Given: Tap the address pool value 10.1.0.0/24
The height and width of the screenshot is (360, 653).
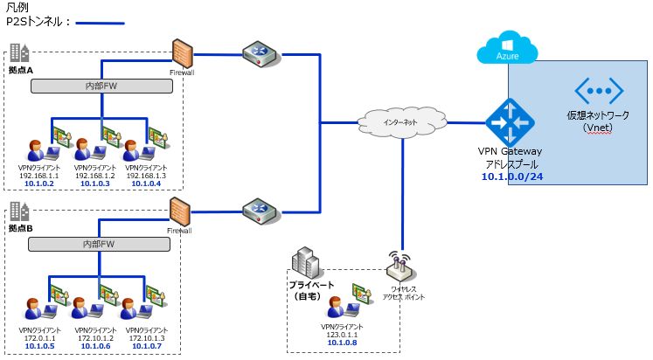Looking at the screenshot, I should point(511,177).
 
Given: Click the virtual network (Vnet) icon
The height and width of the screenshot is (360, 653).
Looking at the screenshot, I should point(598,92).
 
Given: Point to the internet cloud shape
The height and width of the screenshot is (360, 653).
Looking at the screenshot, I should point(401,121).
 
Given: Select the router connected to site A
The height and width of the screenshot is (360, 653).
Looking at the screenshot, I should point(260,54).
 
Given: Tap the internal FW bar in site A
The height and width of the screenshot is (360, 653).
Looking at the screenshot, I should point(101,87).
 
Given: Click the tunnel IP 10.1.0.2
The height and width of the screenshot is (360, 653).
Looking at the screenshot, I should point(40,183).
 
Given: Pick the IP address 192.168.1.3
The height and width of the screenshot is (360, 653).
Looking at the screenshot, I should point(143,175).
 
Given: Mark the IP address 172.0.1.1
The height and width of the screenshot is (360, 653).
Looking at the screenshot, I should point(40,337).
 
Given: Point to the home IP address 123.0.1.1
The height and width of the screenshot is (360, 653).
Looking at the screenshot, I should point(341,334).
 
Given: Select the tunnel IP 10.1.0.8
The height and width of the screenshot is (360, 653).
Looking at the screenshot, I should point(341,343).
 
